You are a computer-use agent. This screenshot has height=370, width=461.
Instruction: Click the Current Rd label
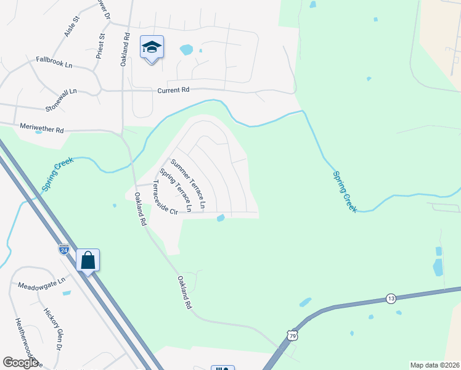173,90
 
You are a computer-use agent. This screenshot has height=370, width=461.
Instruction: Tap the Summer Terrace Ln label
188,183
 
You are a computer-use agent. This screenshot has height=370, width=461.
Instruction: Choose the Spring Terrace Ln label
176,190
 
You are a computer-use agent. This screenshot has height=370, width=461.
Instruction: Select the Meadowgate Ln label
41,284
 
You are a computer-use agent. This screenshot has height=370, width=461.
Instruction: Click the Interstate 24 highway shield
64,249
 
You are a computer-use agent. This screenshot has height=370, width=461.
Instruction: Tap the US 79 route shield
292,334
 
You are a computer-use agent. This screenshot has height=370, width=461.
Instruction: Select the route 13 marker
391,298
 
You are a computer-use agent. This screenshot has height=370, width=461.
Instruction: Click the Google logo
20,363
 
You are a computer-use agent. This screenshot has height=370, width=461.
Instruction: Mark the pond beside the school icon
186,49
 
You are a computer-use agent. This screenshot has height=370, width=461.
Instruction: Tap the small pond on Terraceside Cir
221,217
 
